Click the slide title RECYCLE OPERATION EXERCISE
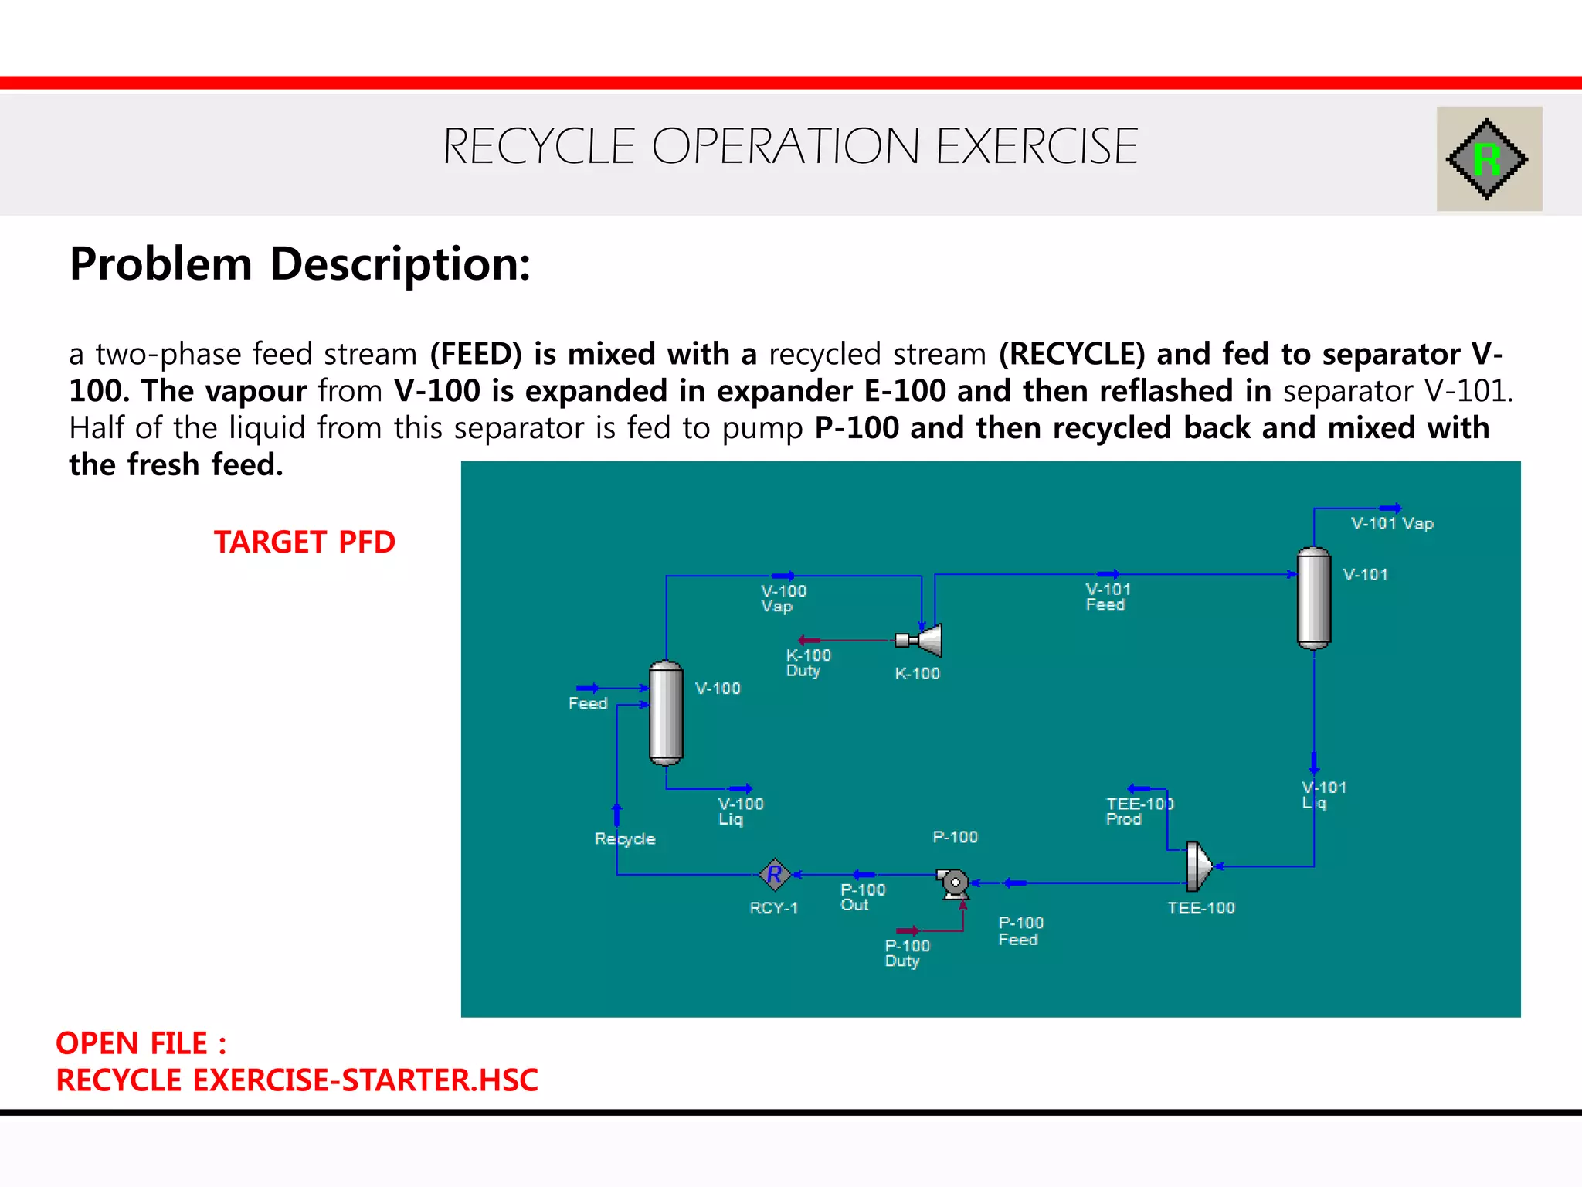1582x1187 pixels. pos(789,147)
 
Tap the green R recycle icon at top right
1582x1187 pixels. pos(1486,159)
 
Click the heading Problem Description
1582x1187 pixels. pos(300,264)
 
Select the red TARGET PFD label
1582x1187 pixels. pos(304,542)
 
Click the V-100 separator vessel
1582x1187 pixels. pos(666,713)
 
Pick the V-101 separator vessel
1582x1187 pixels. pos(1313,598)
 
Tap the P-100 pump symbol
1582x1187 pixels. pos(954,883)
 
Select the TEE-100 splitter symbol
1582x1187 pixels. pos(1198,866)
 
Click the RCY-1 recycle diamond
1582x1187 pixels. pos(774,875)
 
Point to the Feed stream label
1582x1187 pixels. pos(588,703)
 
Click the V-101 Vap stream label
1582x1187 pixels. pos(1392,523)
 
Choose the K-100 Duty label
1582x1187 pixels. pos(808,663)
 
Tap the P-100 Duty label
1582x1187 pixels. pos(907,954)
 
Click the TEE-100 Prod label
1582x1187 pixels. pos(1139,811)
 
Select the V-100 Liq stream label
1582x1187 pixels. pos(740,811)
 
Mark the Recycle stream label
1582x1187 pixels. pos(625,839)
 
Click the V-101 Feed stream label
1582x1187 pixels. pos(1108,597)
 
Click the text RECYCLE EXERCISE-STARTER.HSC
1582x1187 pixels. pos(297,1080)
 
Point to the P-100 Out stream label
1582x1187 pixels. pos(862,897)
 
